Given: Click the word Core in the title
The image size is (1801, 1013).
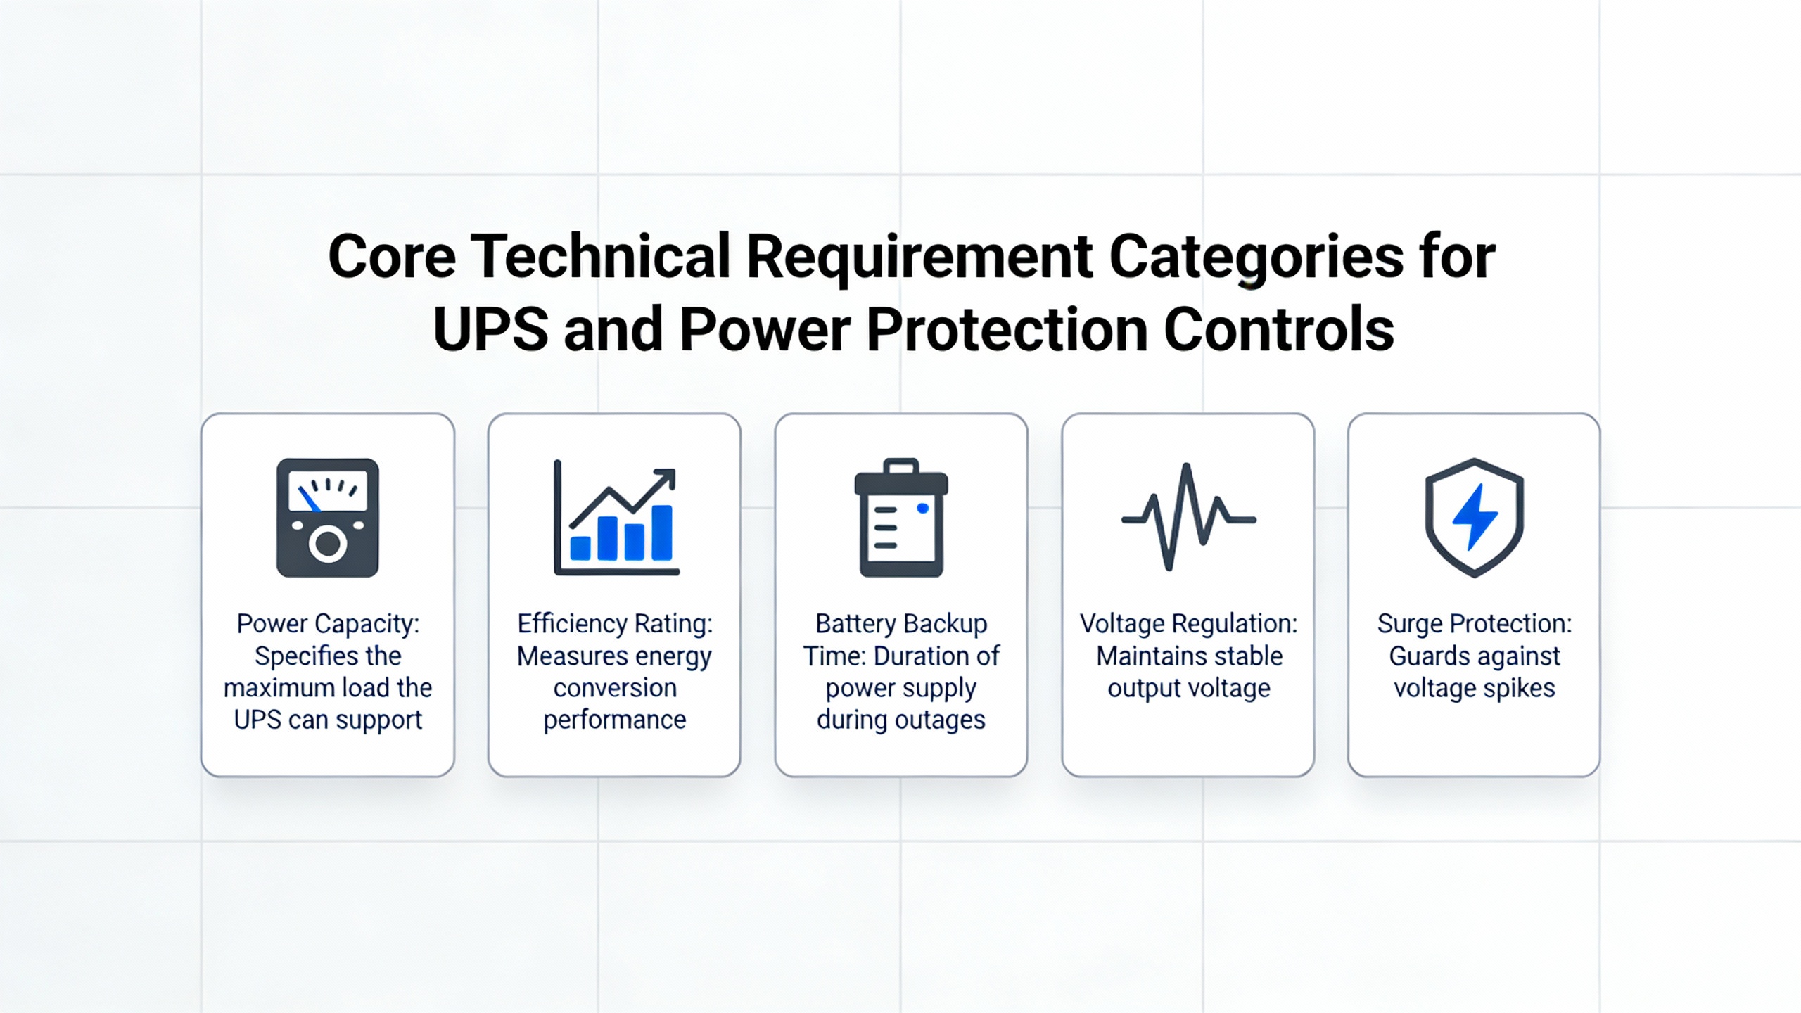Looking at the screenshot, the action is coord(392,256).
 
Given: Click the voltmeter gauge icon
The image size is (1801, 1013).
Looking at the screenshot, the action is coord(328,518).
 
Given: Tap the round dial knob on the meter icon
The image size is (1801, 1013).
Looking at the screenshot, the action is coord(328,544).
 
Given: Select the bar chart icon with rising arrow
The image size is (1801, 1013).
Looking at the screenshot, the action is coord(616,518).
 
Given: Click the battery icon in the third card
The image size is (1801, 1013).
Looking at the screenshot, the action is coord(901,518).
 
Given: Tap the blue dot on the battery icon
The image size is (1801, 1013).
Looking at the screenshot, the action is coord(923,509).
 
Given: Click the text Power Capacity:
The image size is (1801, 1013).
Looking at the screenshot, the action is coord(328,623).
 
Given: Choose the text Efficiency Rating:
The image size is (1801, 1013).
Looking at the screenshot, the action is coord(615,623).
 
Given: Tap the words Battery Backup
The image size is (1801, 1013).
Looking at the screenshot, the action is coord(901,623).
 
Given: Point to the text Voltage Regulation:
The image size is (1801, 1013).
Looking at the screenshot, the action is coord(1189,623).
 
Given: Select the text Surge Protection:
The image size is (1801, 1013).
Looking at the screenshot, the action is coord(1475,623).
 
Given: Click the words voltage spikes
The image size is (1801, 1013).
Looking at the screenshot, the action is coord(1475,688).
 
